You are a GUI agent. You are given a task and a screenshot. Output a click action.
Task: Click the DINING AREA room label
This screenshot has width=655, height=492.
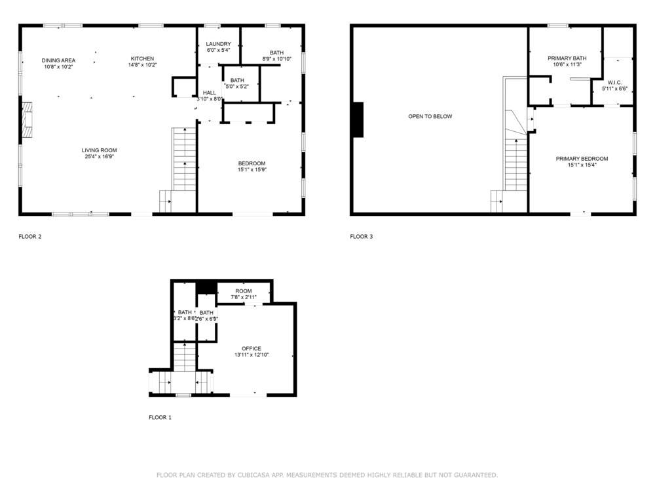(x=59, y=60)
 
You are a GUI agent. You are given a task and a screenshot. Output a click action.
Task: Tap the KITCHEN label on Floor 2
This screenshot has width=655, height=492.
(x=142, y=58)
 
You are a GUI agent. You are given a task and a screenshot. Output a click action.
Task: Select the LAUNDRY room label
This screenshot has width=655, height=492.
(x=218, y=44)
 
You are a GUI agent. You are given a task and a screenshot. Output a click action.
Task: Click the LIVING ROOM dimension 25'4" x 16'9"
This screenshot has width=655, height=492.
(x=100, y=157)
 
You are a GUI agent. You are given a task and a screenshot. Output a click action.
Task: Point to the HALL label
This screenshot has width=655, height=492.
(x=210, y=92)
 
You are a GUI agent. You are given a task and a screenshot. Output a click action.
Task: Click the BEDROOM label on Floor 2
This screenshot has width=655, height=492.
(x=252, y=163)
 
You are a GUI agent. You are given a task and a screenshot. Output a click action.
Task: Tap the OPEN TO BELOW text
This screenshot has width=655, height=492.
(x=430, y=116)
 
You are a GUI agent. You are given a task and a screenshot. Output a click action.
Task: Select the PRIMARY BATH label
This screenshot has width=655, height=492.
(x=567, y=58)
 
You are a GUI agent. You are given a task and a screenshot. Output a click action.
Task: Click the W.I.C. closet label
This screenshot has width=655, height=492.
(x=614, y=83)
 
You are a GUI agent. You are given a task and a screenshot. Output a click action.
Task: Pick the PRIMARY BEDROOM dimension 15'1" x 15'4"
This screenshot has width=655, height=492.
(x=582, y=165)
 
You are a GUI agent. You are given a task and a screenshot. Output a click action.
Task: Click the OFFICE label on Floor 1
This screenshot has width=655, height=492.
(x=252, y=348)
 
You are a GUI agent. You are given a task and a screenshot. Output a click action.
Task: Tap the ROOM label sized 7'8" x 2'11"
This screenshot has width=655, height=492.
(x=243, y=291)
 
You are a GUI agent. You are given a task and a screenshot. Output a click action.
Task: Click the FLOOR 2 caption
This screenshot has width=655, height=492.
(x=30, y=236)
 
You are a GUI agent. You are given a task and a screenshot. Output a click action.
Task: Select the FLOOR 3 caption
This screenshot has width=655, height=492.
(x=361, y=236)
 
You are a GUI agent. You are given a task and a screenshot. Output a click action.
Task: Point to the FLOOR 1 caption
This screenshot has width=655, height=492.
(x=160, y=417)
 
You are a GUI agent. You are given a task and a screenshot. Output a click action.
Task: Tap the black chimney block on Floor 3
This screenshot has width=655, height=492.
(x=358, y=120)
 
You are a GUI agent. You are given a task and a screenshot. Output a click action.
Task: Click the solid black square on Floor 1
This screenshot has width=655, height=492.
(x=206, y=287)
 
